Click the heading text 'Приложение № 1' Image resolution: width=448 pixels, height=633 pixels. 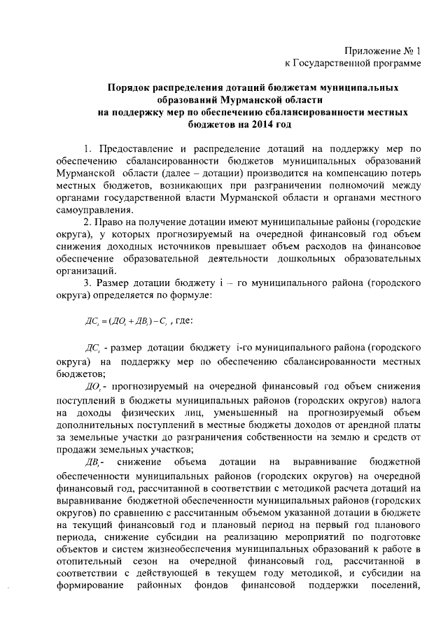383,51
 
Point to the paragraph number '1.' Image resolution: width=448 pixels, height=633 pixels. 87,149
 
